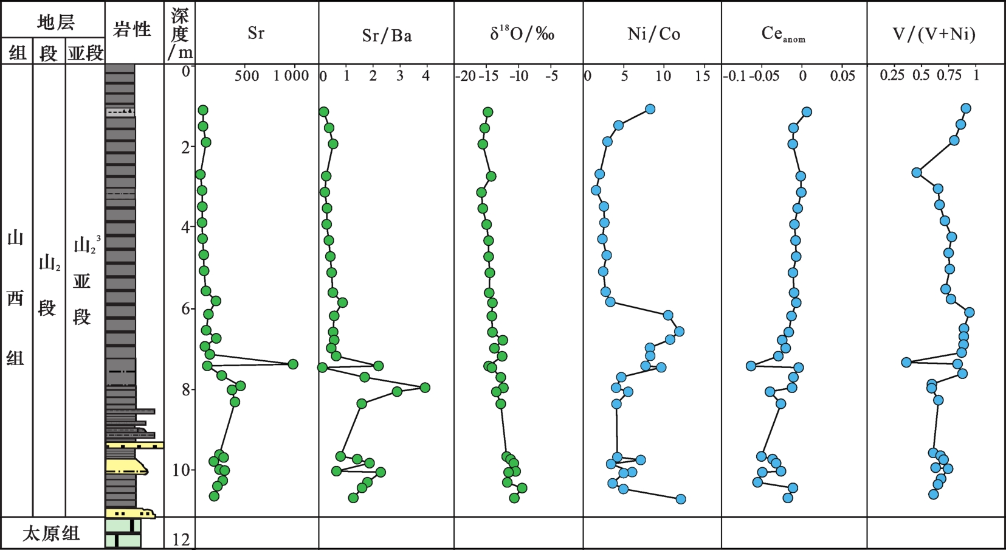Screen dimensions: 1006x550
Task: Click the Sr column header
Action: tap(256, 33)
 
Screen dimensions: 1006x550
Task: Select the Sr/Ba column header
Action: tap(387, 35)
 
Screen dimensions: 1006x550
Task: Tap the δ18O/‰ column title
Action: tap(522, 33)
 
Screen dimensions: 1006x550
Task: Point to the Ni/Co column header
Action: tap(654, 34)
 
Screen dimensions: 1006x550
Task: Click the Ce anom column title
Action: tap(784, 34)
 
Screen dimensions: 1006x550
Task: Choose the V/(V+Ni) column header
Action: tap(934, 34)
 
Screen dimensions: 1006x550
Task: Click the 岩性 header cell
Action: tap(131, 30)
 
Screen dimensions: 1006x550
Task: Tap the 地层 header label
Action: tap(56, 22)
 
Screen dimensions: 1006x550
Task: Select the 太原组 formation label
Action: tap(51, 534)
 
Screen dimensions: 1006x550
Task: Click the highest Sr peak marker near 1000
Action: tap(293, 364)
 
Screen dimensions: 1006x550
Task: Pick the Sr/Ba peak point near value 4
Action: tap(425, 388)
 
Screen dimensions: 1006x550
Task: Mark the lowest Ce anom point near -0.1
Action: tap(751, 366)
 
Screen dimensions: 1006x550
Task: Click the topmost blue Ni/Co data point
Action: tap(650, 109)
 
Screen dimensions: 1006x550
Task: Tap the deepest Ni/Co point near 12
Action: tap(681, 499)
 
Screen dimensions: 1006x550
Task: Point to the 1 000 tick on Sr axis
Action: tap(291, 76)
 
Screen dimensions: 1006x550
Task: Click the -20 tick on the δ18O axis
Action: tap(465, 76)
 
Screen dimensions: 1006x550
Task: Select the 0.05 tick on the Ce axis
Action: tap(842, 76)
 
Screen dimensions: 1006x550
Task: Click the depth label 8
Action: tap(186, 390)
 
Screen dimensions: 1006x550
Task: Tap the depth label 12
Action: tap(181, 540)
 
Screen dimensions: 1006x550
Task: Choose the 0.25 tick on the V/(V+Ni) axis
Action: tap(892, 75)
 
